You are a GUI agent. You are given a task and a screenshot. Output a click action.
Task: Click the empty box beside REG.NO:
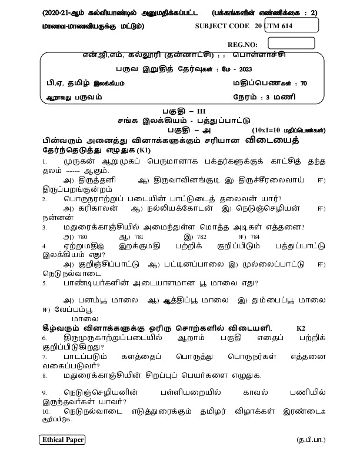coord(291,43)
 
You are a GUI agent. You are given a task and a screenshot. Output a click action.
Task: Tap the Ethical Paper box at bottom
coord(63,440)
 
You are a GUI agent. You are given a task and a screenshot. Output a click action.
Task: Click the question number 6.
coord(44,339)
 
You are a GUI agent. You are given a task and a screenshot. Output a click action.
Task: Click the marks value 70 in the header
coord(303,83)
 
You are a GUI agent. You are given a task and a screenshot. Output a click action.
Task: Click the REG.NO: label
coord(243,45)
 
